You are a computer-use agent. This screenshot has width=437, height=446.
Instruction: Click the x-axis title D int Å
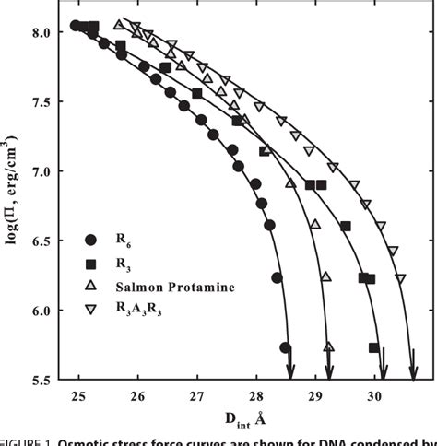[243, 422]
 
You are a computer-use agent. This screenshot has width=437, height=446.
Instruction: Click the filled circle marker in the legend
[90, 240]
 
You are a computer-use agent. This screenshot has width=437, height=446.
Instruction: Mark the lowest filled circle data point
[285, 347]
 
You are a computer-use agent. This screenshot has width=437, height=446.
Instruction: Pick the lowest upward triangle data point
[329, 346]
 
